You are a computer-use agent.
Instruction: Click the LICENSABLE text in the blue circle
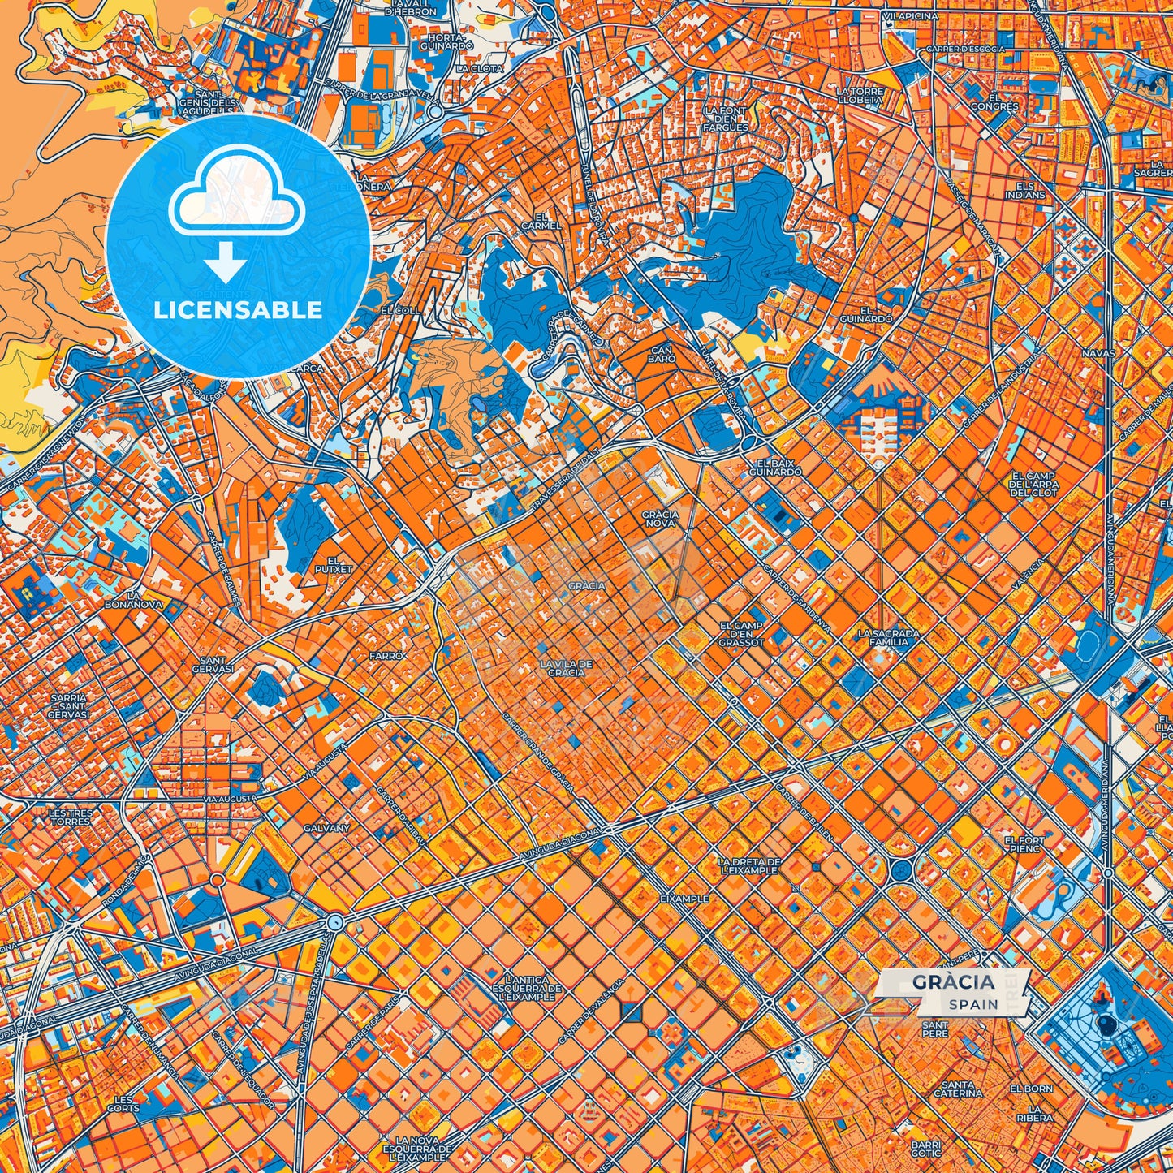[238, 310]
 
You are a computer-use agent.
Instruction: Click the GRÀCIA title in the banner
[953, 982]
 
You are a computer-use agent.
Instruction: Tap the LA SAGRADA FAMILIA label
[888, 637]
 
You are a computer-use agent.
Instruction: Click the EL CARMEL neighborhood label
[541, 221]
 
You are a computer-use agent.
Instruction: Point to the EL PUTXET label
[334, 565]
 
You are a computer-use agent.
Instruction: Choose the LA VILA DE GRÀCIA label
[566, 668]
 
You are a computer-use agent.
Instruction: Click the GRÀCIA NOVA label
[659, 519]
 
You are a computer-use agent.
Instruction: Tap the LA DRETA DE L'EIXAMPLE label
[748, 865]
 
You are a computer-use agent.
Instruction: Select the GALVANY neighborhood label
[326, 828]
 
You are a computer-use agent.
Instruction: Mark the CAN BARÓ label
[662, 354]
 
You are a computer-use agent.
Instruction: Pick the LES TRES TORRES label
[71, 817]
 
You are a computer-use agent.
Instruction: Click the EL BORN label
[1031, 1089]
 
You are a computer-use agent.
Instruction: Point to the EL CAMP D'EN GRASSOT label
[740, 634]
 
